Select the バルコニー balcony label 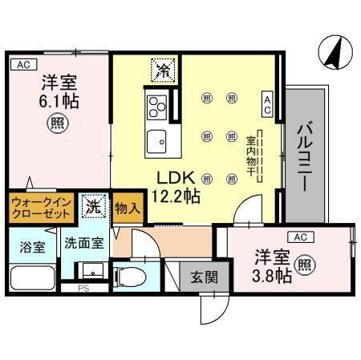click(305, 155)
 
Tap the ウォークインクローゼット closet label click(42, 209)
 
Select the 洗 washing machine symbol click(93, 205)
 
